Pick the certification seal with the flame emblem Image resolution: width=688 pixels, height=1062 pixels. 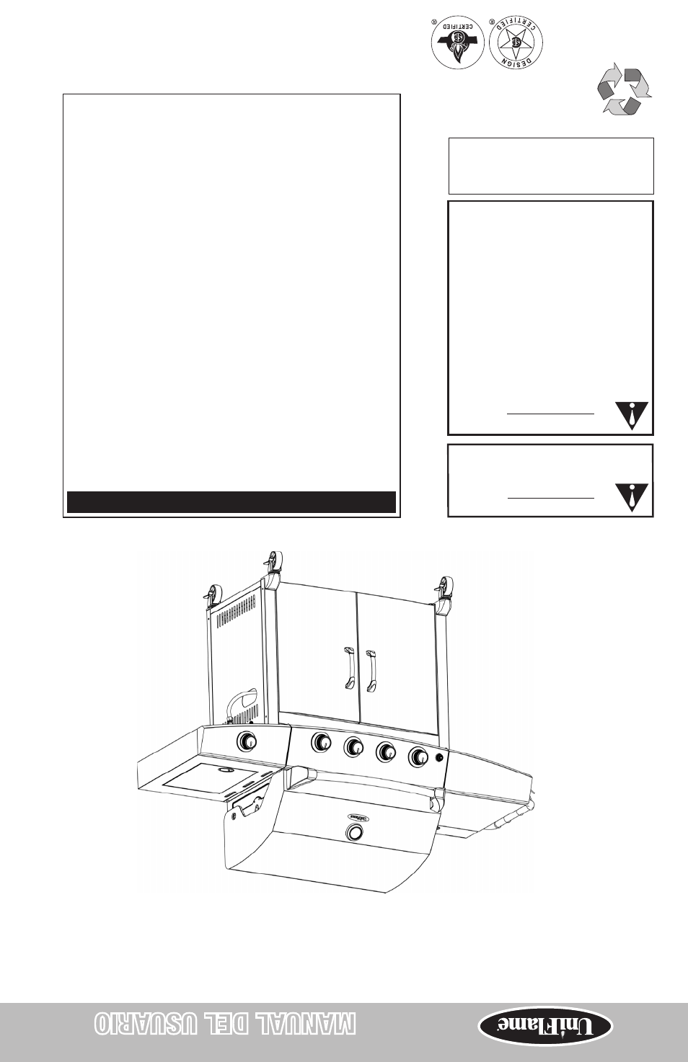point(457,43)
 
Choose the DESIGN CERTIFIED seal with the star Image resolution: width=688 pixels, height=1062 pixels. point(516,43)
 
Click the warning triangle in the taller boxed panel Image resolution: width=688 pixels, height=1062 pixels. point(632,415)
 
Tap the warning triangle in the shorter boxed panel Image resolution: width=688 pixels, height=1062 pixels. point(632,498)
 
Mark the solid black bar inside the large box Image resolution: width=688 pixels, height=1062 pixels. point(231,502)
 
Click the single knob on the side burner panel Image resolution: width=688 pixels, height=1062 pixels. point(247,741)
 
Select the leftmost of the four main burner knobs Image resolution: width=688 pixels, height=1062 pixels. point(321,742)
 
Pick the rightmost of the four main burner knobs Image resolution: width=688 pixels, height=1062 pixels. point(418,757)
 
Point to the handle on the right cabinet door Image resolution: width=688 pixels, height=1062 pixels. point(371,671)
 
